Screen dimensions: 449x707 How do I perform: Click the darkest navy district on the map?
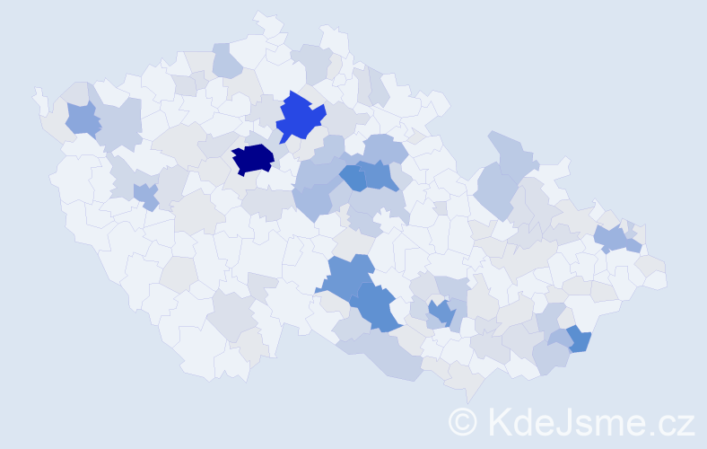252,159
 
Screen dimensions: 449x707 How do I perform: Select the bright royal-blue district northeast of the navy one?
299,116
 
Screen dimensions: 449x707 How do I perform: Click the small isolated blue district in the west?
144,195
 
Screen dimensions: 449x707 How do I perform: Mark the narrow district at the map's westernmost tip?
39,97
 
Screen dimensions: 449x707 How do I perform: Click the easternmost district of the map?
654,277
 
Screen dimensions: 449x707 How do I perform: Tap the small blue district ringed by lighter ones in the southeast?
440,313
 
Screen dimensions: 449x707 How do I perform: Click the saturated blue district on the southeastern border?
579,339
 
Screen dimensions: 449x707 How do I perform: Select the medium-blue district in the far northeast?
612,238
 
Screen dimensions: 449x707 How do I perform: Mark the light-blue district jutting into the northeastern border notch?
509,153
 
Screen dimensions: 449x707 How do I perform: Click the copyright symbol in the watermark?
462,421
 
